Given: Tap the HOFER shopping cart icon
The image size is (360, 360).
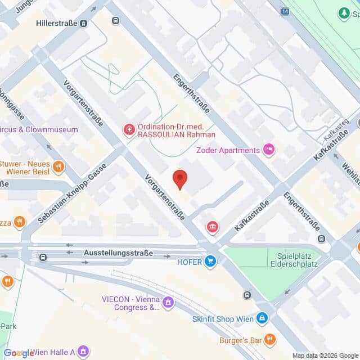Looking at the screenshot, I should (210, 260).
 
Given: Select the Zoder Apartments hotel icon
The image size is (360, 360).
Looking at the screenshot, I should (269, 150).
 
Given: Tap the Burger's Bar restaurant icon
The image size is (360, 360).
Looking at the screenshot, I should (270, 339).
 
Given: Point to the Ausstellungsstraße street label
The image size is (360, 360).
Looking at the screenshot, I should (118, 253).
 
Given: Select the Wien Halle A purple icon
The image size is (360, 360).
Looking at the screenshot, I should (83, 352).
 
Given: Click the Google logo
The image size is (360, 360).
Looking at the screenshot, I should (19, 353).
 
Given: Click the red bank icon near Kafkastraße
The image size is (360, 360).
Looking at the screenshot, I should (213, 227).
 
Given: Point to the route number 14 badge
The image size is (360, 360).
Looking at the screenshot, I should (286, 11).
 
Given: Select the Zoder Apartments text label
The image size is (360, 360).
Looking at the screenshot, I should (228, 150).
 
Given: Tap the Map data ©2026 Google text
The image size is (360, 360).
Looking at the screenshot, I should (325, 355).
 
